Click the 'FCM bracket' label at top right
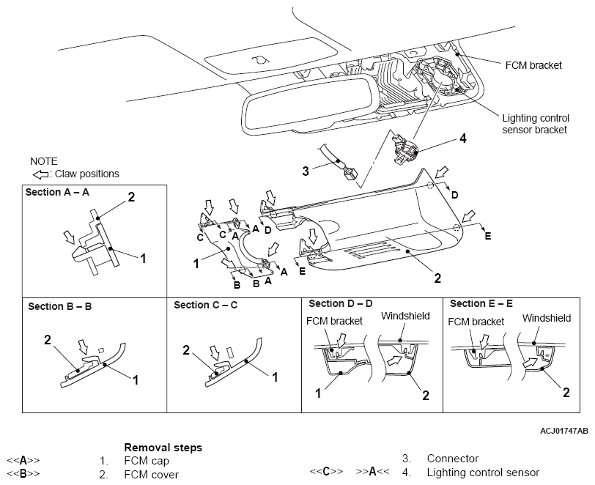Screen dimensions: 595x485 click(x=533, y=65)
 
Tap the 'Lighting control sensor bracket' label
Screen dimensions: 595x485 click(x=536, y=124)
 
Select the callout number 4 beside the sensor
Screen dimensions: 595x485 click(x=462, y=138)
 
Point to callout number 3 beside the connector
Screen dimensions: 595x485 click(x=306, y=171)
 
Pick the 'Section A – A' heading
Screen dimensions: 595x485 click(x=57, y=193)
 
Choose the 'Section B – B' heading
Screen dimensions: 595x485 click(x=60, y=306)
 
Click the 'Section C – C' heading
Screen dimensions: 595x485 click(x=206, y=305)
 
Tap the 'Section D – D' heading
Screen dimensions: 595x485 click(x=341, y=303)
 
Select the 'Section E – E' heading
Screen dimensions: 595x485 click(x=481, y=303)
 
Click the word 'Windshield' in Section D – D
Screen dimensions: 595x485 click(x=405, y=316)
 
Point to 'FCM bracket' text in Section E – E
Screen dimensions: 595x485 click(x=476, y=322)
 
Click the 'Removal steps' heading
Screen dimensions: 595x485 click(x=163, y=448)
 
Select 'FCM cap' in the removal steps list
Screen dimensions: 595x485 click(x=147, y=461)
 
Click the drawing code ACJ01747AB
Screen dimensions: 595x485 click(x=564, y=431)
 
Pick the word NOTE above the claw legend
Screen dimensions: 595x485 click(x=44, y=161)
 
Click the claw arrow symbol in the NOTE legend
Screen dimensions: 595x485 click(x=40, y=174)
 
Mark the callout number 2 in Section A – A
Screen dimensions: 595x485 click(x=131, y=197)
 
